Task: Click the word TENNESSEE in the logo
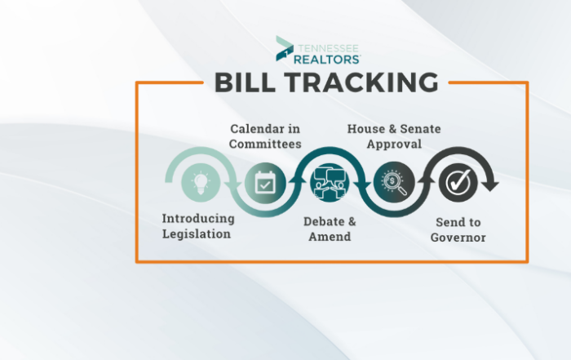[329, 48]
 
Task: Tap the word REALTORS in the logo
[326, 60]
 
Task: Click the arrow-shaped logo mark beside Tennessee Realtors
[285, 48]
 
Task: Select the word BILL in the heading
[245, 82]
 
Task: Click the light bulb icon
[201, 183]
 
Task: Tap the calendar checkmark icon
[265, 183]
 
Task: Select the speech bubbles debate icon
[330, 182]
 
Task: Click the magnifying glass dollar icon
[394, 183]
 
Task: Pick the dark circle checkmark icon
[458, 183]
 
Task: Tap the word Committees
[265, 144]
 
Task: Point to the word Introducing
[198, 219]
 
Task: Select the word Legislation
[197, 234]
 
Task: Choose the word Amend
[330, 237]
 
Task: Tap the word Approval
[394, 144]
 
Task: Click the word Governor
[458, 238]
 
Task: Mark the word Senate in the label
[420, 129]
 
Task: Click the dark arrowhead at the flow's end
[490, 184]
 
